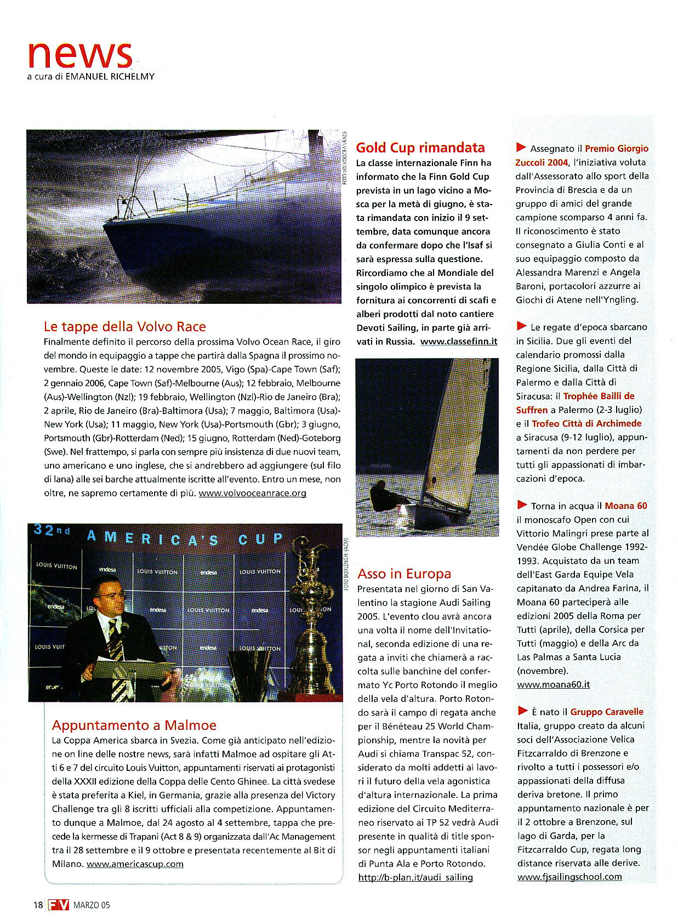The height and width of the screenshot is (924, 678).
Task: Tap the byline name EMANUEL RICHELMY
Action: (110, 77)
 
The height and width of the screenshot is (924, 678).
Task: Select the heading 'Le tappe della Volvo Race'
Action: (124, 327)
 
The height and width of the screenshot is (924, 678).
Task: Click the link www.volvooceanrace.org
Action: (252, 493)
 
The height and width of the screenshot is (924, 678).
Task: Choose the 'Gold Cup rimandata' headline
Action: (420, 148)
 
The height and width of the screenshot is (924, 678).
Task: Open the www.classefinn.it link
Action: (459, 341)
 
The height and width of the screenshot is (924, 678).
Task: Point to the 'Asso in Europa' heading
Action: (404, 574)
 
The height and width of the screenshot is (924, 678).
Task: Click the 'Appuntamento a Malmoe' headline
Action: (134, 725)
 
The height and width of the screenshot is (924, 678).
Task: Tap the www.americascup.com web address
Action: (135, 864)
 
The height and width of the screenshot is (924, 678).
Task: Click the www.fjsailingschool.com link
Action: (569, 877)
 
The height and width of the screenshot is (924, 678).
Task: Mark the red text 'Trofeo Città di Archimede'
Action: (579, 424)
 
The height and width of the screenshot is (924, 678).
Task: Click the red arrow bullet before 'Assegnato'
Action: (521, 148)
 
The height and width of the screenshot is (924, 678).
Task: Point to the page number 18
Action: (37, 905)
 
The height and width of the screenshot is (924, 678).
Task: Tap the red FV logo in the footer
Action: (58, 905)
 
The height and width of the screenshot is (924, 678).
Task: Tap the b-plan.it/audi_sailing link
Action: (415, 877)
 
